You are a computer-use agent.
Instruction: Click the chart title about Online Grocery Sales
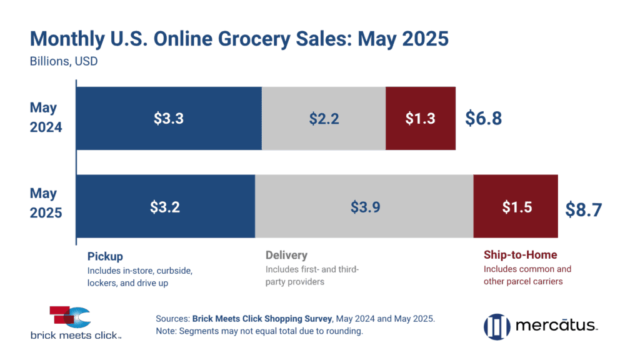tap(239, 39)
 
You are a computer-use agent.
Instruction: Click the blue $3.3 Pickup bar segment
tap(168, 119)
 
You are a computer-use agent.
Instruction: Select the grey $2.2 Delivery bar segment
tap(324, 119)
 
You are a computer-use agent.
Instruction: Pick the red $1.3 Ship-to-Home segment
tap(421, 119)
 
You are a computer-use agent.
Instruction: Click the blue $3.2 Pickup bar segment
tap(165, 207)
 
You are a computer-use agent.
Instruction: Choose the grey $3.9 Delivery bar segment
tap(364, 207)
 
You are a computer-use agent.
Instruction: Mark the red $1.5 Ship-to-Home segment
tap(516, 207)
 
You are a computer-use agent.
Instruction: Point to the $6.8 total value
tap(483, 119)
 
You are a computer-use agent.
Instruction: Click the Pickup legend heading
tap(105, 256)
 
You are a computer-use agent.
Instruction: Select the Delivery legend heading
tap(286, 256)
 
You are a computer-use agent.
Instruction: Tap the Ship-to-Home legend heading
tap(520, 256)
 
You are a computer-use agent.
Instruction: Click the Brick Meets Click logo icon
tap(69, 317)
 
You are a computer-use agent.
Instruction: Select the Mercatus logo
tap(540, 326)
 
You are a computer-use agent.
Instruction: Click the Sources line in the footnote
tap(295, 319)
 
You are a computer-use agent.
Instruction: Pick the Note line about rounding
tap(259, 331)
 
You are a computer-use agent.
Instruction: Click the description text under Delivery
tap(313, 275)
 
